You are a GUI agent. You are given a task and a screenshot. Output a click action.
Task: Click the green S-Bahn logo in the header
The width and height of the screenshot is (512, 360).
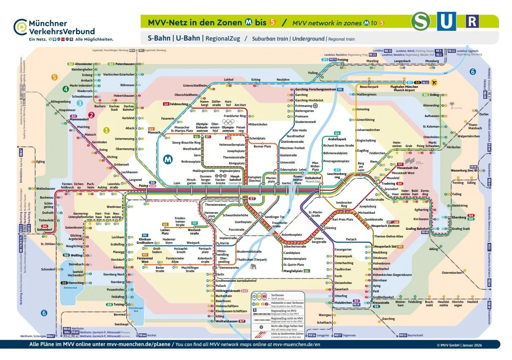(x=422, y=22)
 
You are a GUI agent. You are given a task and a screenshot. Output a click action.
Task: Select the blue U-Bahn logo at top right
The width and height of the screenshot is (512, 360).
(x=446, y=22)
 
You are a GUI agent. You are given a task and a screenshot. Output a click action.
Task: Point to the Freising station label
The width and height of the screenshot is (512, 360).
(x=343, y=60)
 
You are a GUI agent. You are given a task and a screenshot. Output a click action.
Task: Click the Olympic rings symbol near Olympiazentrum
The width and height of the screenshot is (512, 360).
(x=229, y=121)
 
